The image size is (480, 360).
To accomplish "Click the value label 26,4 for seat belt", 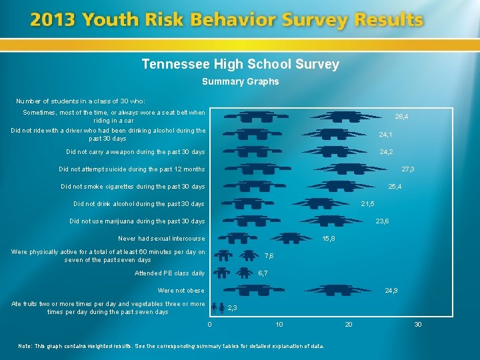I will pyautogui.click(x=401, y=117).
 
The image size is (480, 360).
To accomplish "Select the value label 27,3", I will pyautogui.click(x=408, y=169).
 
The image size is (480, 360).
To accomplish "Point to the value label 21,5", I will pyautogui.click(x=367, y=204).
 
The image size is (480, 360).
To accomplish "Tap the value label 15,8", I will pyautogui.click(x=329, y=239).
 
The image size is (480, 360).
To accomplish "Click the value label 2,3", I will pyautogui.click(x=233, y=308).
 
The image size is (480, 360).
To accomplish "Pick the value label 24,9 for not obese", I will pyautogui.click(x=391, y=291).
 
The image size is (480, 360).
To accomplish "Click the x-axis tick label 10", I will pyautogui.click(x=279, y=325).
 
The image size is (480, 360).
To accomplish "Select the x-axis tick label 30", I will pyautogui.click(x=418, y=325).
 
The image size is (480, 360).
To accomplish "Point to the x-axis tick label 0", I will pyautogui.click(x=209, y=325).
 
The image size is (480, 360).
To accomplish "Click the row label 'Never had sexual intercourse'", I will pyautogui.click(x=161, y=239).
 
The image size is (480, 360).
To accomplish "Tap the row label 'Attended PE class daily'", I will pyautogui.click(x=170, y=273).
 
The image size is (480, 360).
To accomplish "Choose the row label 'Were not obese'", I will pyautogui.click(x=181, y=291).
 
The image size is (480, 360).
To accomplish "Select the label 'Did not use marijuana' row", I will pyautogui.click(x=137, y=221).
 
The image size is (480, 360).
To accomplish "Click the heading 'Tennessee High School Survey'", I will pyautogui.click(x=240, y=65).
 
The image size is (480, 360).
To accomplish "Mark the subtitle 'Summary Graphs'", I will pyautogui.click(x=240, y=82).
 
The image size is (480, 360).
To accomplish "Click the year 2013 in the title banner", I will pyautogui.click(x=53, y=21).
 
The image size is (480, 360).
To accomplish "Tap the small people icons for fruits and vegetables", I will pyautogui.click(x=217, y=308).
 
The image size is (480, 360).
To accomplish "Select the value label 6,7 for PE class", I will pyautogui.click(x=263, y=273).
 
